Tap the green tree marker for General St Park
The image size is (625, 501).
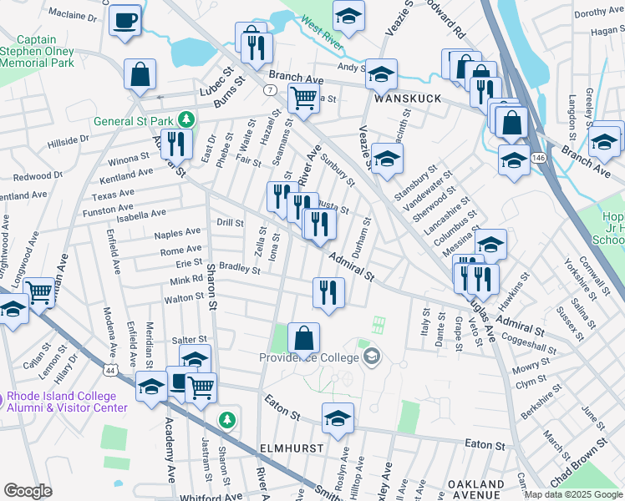tap(190, 120)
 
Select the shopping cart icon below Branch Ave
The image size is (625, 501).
tap(303, 98)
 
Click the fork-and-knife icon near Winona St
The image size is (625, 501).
tap(176, 144)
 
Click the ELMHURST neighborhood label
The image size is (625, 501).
tap(291, 448)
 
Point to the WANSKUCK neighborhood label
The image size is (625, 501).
tap(407, 98)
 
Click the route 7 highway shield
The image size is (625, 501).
tap(269, 89)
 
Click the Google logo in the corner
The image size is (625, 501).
tap(28, 490)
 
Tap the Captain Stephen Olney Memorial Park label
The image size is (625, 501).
tap(38, 51)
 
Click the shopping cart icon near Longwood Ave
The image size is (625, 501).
tap(38, 292)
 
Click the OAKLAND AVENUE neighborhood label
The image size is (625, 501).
tap(475, 489)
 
